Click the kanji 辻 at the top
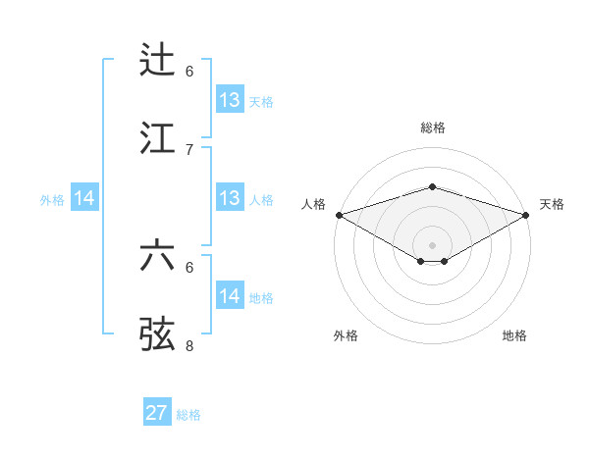[x=158, y=60]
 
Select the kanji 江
[x=158, y=137]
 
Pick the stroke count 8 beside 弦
[x=189, y=345]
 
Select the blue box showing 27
[x=157, y=413]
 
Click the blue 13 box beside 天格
[x=230, y=100]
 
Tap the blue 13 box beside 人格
[x=230, y=198]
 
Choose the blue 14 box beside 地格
[x=230, y=296]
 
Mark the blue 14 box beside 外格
[x=84, y=198]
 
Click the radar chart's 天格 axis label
[x=552, y=204]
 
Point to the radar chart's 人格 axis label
[x=313, y=204]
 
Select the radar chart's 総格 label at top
[x=432, y=128]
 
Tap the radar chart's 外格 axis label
[x=346, y=335]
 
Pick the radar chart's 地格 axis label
[x=514, y=335]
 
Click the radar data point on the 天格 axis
[x=527, y=214]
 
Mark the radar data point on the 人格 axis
[x=339, y=214]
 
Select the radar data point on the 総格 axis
[x=432, y=186]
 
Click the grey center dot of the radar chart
[x=432, y=244]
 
